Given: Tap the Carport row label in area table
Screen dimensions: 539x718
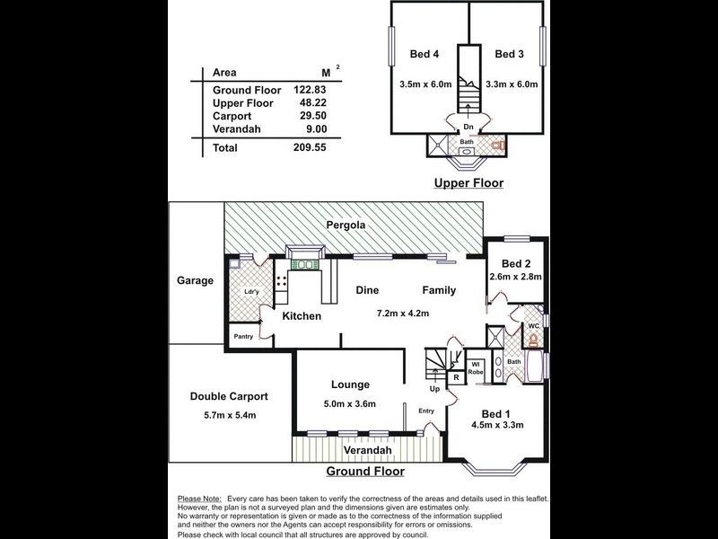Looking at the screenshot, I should coord(232,116).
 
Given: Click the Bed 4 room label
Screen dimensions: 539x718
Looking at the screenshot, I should coord(423,54).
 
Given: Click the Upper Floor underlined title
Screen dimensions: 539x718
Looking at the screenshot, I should coord(468,183).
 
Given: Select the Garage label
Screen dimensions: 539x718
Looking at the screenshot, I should coord(195,280).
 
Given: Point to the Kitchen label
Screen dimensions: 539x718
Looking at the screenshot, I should coord(302,316).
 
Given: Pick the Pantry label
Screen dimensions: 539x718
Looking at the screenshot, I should coord(243,337).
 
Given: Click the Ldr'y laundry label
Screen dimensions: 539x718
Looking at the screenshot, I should coord(251,292).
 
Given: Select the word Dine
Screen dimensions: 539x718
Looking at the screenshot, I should coord(368,290).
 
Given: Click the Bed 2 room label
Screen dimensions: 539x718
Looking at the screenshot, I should coord(517,263).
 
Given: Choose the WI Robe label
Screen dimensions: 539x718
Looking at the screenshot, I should coord(477,367).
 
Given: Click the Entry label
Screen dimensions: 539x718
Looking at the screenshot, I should coord(425,411).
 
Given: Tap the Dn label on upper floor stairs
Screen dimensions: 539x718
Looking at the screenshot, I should coord(468,128).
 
